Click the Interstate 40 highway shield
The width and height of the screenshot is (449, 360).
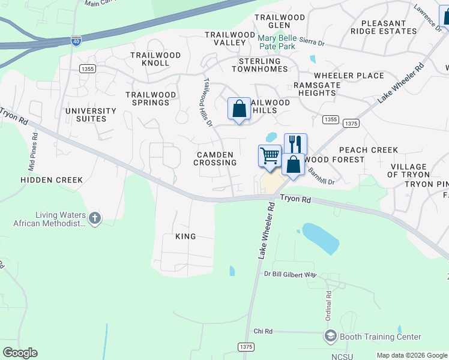pos(76,41)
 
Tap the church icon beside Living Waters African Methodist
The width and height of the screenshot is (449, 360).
pos(94,219)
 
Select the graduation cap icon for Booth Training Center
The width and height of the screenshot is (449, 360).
pos(330,337)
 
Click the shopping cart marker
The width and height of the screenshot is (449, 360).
pos(270,155)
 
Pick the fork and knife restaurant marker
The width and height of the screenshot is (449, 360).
pos(295,144)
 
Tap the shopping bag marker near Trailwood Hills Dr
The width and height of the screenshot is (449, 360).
pos(239,109)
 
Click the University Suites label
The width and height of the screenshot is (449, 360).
pos(91,115)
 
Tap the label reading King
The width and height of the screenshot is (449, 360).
pos(185,236)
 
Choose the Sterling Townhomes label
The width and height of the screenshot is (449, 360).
pos(260,65)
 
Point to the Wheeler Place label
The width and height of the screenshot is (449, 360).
pos(349,76)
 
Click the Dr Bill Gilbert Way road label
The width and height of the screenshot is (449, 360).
pos(290,274)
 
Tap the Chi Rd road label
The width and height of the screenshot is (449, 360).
pos(263,331)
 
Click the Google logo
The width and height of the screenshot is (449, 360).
pos(20,353)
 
